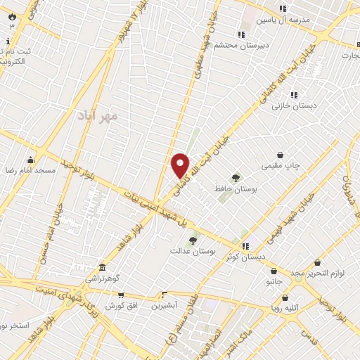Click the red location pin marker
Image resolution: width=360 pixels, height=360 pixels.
pyautogui.click(x=181, y=165)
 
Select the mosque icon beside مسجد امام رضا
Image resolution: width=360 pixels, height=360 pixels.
pyautogui.click(x=30, y=160)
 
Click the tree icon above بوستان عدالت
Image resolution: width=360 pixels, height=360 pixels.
pyautogui.click(x=193, y=240)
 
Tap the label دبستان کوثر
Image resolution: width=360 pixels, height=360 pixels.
pyautogui.click(x=246, y=257)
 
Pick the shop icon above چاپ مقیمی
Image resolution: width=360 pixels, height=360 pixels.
pyautogui.click(x=281, y=155)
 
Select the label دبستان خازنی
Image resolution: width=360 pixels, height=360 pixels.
pyautogui.click(x=295, y=105)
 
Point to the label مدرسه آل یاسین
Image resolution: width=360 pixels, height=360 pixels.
pyautogui.click(x=283, y=20)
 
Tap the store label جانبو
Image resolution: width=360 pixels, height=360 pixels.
pyautogui.click(x=274, y=281)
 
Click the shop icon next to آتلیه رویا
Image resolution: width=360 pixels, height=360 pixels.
pyautogui.click(x=274, y=307)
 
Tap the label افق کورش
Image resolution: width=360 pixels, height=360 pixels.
pyautogui.click(x=120, y=306)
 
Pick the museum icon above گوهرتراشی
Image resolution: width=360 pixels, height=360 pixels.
pyautogui.click(x=103, y=268)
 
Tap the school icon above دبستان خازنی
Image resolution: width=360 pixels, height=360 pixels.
pyautogui.click(x=294, y=94)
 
